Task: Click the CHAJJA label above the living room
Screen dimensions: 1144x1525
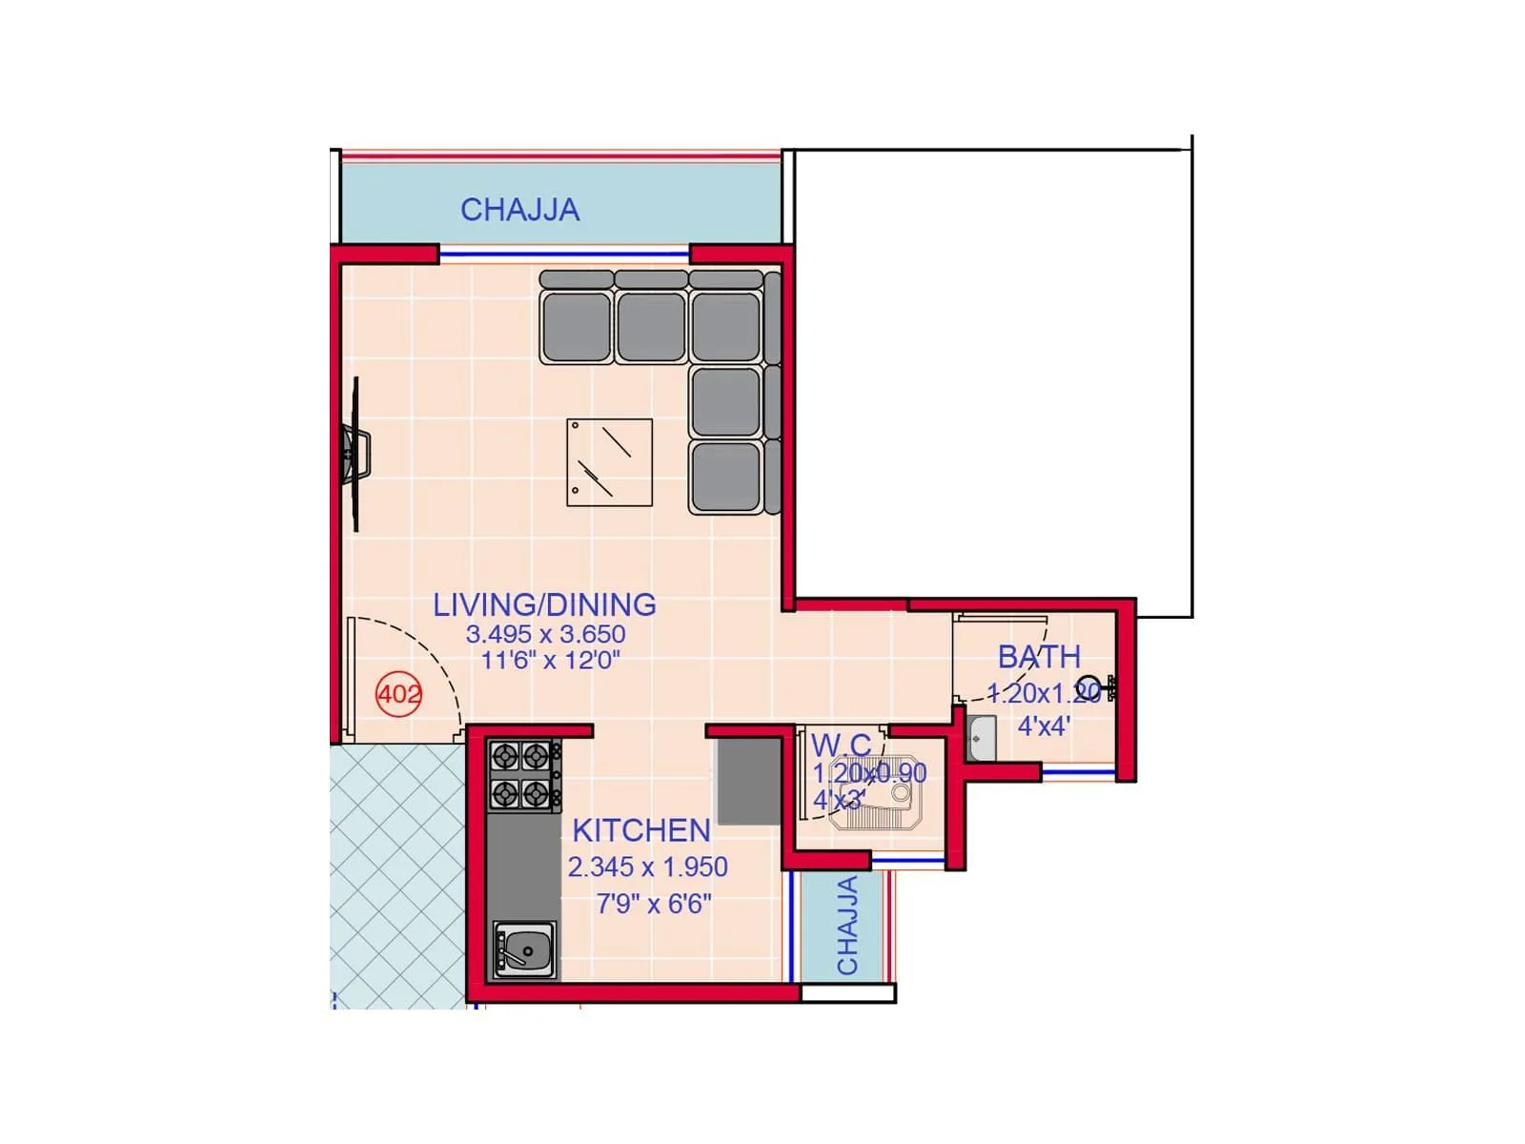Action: [x=519, y=210]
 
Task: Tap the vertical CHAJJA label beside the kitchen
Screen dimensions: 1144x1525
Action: [x=847, y=925]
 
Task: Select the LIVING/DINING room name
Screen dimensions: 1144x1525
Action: [x=544, y=604]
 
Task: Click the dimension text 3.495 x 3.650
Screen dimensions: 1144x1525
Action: [x=545, y=634]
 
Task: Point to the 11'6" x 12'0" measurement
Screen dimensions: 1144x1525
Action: [x=550, y=660]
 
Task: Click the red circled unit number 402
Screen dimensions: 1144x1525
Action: [x=398, y=694]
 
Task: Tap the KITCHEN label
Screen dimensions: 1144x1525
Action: [x=640, y=830]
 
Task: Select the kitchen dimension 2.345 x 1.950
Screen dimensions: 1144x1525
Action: [x=647, y=867]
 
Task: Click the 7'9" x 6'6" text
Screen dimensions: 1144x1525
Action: [x=654, y=903]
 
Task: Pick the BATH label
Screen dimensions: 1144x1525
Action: [x=1039, y=657]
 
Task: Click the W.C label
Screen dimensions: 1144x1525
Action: [x=841, y=745]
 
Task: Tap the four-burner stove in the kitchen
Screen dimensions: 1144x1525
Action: [x=522, y=775]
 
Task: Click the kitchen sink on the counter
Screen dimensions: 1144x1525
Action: [x=523, y=950]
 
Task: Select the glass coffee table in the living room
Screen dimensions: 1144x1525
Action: [x=609, y=462]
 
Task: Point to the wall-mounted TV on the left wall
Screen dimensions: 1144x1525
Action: [x=355, y=454]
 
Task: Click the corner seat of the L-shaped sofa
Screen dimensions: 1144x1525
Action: [x=725, y=327]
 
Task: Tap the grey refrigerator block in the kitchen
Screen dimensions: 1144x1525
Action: [x=749, y=781]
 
